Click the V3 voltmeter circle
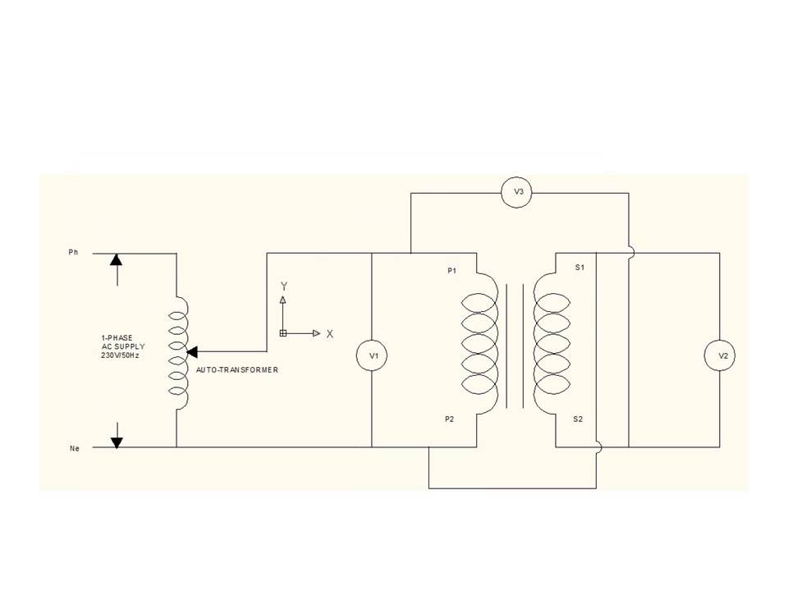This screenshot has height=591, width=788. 518,193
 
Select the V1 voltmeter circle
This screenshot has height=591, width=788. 373,355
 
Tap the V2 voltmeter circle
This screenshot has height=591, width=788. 722,355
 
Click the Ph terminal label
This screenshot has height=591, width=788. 72,253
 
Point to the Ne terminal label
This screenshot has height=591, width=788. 73,448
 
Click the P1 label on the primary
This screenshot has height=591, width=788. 451,270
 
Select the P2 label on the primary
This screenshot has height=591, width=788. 449,419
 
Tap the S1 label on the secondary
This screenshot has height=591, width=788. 580,268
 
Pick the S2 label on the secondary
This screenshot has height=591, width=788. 578,419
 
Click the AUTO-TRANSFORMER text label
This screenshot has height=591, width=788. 237,370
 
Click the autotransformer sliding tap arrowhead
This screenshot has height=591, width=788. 193,351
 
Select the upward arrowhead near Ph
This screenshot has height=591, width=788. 117,259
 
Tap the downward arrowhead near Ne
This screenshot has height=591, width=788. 117,442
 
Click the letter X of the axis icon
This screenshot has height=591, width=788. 330,334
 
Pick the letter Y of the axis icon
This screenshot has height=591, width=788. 284,286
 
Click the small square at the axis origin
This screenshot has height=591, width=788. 283,333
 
